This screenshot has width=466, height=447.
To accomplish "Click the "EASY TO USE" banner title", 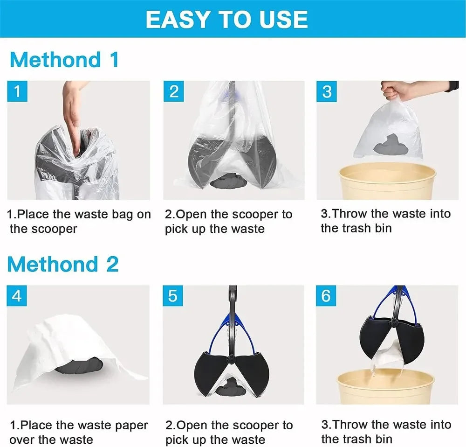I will (x=226, y=19).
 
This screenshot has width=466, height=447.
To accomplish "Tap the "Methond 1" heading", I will (x=64, y=60).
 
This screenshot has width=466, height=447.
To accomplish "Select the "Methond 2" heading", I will (x=63, y=264).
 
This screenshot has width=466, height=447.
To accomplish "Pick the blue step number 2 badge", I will (x=173, y=91).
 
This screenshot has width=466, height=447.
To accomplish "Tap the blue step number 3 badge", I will (x=327, y=91).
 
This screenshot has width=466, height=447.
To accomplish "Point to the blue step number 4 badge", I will (x=17, y=296).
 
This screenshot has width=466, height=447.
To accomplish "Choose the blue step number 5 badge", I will (x=173, y=296).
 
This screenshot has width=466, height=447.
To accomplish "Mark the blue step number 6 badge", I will (x=326, y=296).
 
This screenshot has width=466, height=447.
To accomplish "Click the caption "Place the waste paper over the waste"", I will (x=78, y=432).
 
